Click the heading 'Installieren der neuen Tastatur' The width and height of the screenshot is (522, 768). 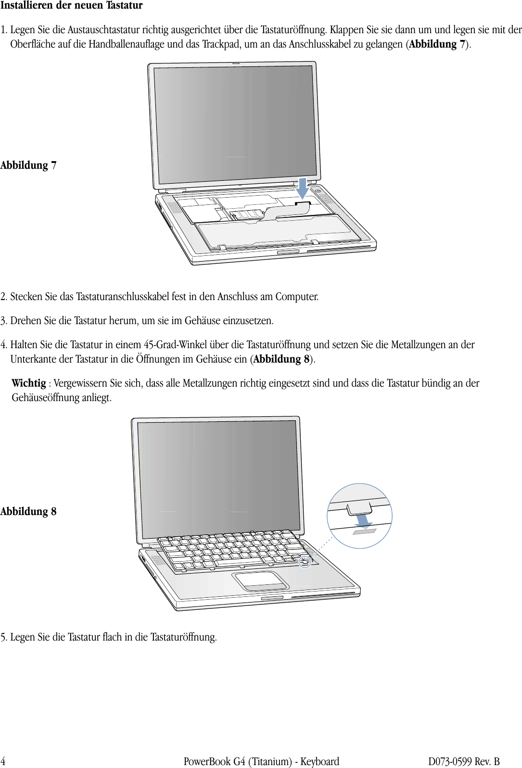(71, 6)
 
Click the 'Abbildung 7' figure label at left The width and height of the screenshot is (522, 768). (28, 165)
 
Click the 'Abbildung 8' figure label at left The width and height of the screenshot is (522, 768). (28, 512)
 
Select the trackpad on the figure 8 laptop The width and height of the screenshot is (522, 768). (260, 580)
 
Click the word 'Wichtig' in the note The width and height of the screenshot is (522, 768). (28, 383)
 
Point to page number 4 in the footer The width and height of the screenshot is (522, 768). (3, 761)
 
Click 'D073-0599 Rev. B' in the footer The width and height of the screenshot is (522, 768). (464, 761)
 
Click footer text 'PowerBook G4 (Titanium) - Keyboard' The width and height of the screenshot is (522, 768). (261, 761)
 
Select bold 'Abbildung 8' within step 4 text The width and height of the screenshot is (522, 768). (281, 359)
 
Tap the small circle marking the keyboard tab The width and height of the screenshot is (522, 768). (305, 561)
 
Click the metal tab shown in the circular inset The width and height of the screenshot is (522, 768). (358, 508)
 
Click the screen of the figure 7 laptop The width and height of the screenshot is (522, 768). (235, 124)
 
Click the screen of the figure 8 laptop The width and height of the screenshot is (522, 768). (218, 478)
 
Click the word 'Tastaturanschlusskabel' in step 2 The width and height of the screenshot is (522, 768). (130, 297)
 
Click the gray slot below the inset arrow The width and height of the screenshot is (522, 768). (364, 531)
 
